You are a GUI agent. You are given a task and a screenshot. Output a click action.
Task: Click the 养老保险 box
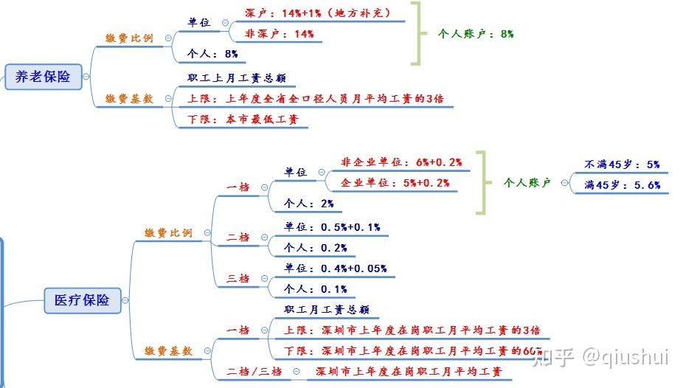[x=44, y=77]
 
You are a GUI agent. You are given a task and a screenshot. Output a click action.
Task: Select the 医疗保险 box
[x=83, y=300]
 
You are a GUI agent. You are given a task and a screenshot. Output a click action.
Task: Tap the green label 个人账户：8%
[x=476, y=34]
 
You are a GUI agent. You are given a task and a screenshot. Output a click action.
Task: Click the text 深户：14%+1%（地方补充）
[x=318, y=13]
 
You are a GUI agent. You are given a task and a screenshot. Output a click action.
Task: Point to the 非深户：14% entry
[x=279, y=34]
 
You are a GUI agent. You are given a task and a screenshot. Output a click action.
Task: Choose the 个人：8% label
[x=212, y=54]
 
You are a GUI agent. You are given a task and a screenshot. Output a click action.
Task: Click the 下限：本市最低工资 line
[x=243, y=119]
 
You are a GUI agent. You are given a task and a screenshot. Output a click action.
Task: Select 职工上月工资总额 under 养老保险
[x=237, y=78]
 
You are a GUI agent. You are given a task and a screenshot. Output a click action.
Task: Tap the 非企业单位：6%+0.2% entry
[x=401, y=162]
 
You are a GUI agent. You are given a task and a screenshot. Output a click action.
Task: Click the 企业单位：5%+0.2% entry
[x=395, y=183]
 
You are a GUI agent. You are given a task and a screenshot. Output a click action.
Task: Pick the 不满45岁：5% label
[x=622, y=164]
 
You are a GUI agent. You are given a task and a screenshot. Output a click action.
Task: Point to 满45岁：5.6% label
[x=622, y=185]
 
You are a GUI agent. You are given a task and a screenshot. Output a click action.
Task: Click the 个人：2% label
[x=308, y=204]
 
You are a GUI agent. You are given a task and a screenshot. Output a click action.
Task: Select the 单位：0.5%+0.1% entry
[x=332, y=227]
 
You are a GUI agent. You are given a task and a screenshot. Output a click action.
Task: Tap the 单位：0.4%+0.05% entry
[x=335, y=269]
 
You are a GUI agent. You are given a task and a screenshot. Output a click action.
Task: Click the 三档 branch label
[x=238, y=279]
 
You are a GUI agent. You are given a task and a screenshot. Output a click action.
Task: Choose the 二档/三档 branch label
[x=254, y=372]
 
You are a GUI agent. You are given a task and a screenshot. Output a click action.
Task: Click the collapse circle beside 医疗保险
[x=125, y=300]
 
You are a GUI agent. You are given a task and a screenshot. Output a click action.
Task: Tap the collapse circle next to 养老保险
[x=86, y=77]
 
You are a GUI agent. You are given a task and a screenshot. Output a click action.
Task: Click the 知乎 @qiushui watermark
[x=600, y=357]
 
